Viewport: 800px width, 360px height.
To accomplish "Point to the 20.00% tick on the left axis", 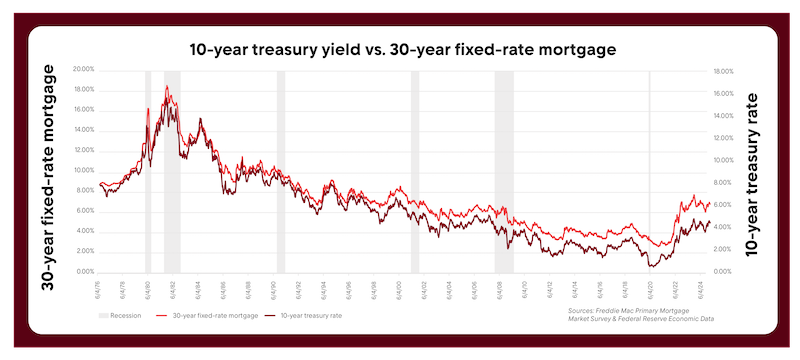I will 83,69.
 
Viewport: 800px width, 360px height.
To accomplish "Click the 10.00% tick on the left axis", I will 83,170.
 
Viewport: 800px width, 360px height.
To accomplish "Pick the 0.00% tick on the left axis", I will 84,271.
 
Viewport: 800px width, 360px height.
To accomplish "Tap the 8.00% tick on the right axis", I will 723,182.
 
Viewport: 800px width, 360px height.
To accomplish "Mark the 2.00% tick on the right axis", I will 723,249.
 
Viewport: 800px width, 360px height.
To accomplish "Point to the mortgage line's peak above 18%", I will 168,87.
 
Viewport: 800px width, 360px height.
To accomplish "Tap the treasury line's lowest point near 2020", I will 651,266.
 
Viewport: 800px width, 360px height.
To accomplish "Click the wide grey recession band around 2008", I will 503,170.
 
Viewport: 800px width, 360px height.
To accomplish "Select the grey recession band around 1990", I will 281,170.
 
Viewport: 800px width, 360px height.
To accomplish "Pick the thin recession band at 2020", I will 649,170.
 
